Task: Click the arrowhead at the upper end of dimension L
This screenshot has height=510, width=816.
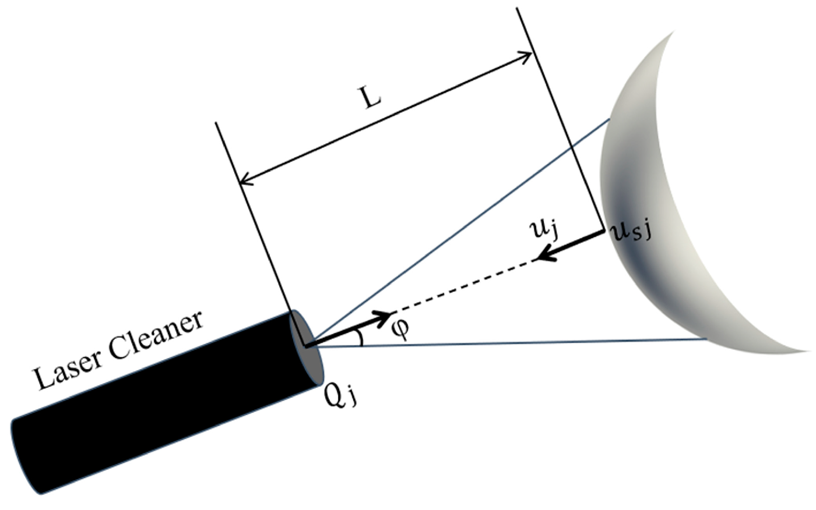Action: coord(525,56)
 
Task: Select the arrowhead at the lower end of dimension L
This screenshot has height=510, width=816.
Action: coord(247,178)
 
